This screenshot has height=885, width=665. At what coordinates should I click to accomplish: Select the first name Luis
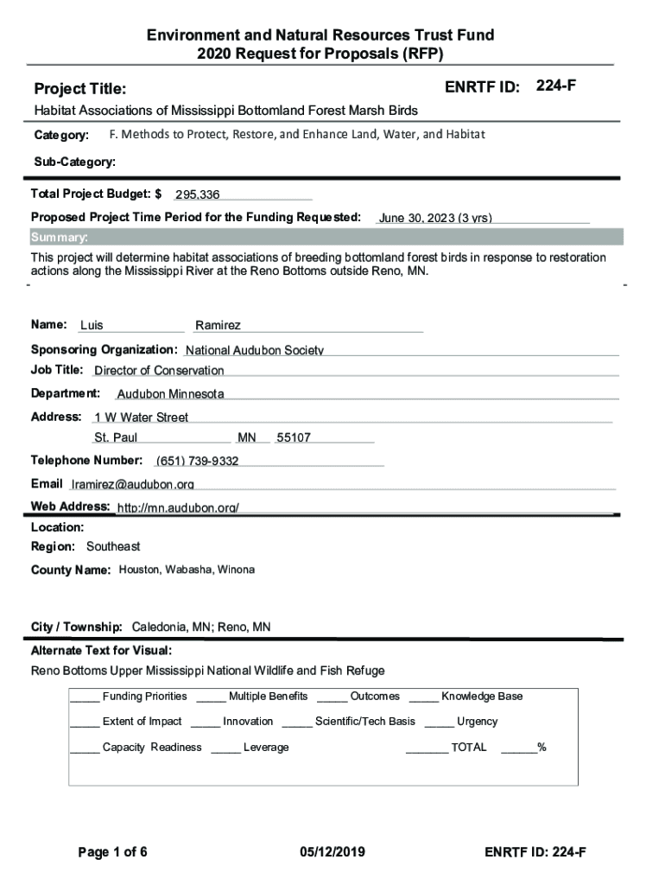pos(92,326)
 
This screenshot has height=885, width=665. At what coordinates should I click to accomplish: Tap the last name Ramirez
pos(218,326)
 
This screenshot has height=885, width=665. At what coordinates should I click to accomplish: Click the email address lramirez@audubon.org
pos(132,484)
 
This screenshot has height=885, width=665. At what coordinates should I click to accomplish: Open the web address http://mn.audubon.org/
pos(178,507)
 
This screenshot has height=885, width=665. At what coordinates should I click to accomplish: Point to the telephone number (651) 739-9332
pos(198,461)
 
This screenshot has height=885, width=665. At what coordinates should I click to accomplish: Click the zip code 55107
pos(294,438)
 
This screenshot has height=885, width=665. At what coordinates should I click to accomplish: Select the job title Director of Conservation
pos(159,371)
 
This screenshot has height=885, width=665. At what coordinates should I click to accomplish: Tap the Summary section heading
pos(60,238)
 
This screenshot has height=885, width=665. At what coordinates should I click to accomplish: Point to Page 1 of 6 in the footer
pos(113,852)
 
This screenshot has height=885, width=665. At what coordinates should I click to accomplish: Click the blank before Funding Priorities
pos(85,697)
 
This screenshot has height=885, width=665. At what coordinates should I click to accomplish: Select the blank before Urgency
pos(439,723)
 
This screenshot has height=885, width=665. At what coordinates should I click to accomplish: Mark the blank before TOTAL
pos(427,748)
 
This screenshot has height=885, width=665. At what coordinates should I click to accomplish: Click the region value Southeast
pos(113,547)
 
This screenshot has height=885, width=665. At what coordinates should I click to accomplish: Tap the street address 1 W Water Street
pos(142,417)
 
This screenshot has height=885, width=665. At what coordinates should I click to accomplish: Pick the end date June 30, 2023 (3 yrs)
pos(435,218)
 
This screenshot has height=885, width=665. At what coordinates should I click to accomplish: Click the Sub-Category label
pos(74,162)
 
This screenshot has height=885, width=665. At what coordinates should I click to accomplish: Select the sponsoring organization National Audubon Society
pos(255,350)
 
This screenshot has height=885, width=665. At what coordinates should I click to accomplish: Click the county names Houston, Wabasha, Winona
pos(187,570)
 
